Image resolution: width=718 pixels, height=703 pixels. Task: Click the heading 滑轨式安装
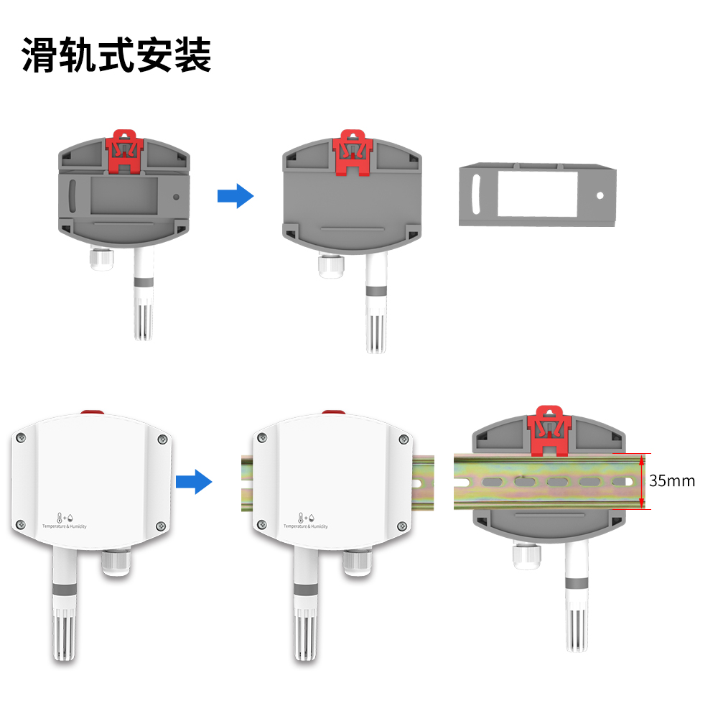117,55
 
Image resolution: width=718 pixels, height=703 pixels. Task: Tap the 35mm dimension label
672,481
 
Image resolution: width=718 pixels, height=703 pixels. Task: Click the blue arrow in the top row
236,195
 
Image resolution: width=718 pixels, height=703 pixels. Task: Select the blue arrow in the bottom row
194,481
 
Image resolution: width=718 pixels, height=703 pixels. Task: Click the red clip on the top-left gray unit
126,151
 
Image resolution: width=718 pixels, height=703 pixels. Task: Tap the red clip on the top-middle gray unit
353,152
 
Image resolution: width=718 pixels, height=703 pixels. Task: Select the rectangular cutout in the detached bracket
537,192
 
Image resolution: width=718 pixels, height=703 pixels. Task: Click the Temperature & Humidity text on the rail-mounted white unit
306,526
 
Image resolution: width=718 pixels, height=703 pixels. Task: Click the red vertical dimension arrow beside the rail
642,481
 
